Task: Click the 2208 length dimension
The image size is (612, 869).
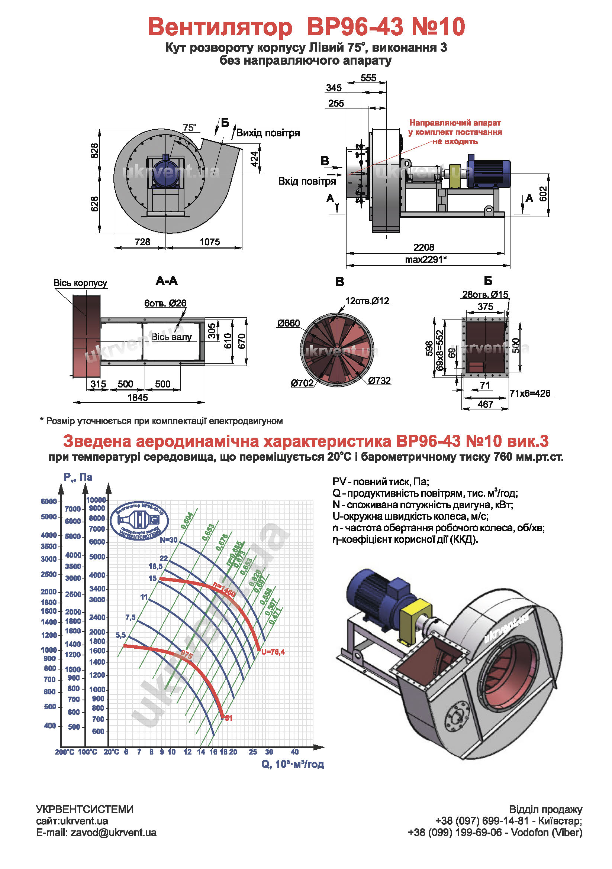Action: tap(423, 247)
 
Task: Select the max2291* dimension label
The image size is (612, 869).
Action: tap(426, 259)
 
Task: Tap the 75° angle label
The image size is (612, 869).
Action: tap(189, 127)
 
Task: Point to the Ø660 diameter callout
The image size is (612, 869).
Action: tap(288, 323)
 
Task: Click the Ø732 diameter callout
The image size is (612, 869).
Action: tap(379, 380)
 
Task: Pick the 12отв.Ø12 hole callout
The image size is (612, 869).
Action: tap(367, 301)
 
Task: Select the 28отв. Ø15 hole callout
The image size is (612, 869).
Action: tap(485, 295)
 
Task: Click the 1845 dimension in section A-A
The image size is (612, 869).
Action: tap(138, 398)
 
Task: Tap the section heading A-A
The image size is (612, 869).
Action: tap(166, 281)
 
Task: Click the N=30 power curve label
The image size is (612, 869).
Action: tap(168, 540)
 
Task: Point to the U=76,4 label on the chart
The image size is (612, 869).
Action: tap(273, 652)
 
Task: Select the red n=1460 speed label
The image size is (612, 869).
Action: tap(224, 588)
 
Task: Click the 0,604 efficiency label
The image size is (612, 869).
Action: tap(187, 521)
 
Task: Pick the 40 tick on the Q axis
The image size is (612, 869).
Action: tap(294, 752)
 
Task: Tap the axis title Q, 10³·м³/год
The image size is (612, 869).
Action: tap(292, 764)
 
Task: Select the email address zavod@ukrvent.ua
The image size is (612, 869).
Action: tap(113, 833)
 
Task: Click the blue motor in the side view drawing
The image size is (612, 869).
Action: tap(488, 174)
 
